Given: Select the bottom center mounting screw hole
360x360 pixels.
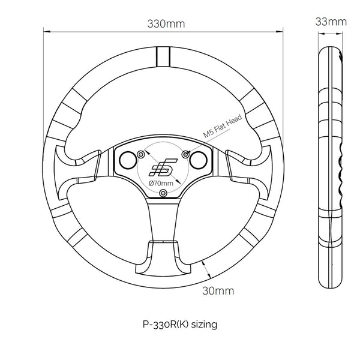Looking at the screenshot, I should tap(163, 193).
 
